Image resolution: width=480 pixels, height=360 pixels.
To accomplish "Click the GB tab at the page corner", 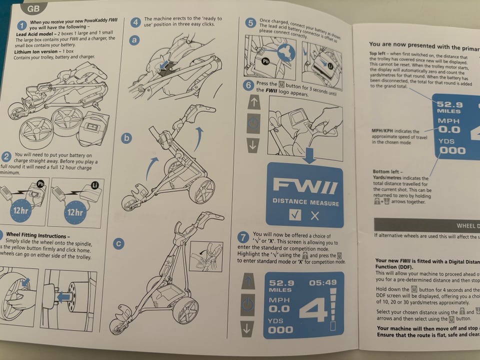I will [33, 8].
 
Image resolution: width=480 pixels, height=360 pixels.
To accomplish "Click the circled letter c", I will [118, 244].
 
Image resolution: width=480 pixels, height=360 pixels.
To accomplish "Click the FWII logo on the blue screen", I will [304, 187].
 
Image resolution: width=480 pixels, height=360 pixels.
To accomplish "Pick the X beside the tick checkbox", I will [314, 216].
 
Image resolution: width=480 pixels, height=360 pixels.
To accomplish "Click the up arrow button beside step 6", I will [253, 102].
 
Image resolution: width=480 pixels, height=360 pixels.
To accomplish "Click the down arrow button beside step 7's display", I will [247, 328].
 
